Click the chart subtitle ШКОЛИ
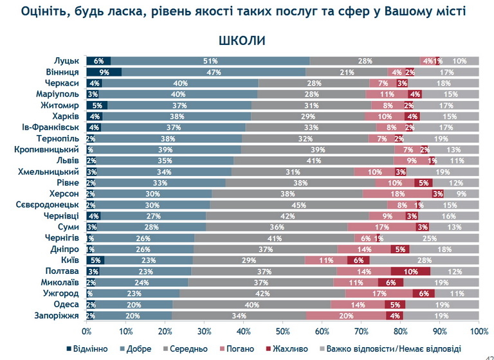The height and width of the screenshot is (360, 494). coord(242,40)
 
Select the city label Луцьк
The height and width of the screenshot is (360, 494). coord(67,61)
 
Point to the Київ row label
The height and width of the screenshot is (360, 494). coord(69,260)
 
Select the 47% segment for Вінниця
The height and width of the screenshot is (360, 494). coord(214,72)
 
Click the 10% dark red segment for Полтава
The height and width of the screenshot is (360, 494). coord(410,272)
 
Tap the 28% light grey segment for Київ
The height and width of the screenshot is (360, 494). coord(425,260)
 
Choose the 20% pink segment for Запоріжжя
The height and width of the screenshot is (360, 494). coord(346,316)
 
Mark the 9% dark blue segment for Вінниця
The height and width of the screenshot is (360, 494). coord(104,72)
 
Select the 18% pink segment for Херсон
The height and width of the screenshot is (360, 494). coord(398,194)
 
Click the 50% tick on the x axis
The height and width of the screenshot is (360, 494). coord(282,331)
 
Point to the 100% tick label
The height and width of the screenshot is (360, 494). coord(478,331)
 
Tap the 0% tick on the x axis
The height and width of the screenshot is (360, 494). coord(86,331)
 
